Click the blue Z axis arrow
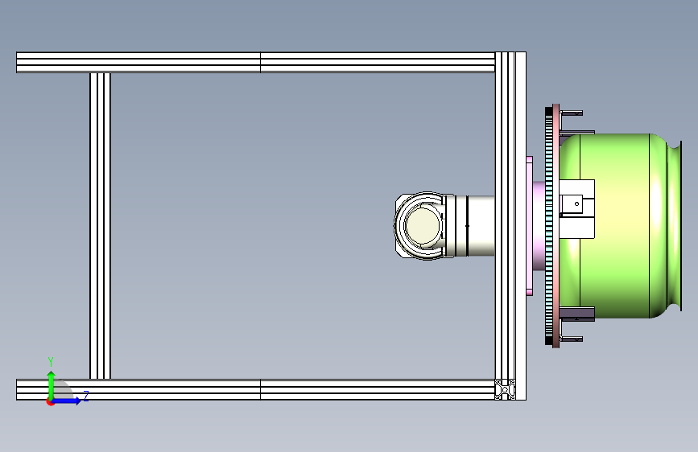pos(67,401)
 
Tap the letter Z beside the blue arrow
pos(86,396)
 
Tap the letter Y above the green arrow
pos(51,362)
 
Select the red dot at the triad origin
pos(50,402)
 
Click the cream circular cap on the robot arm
pos(422,226)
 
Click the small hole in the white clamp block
pos(577,203)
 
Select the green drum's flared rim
pos(675,226)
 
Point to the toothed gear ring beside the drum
pos(549,226)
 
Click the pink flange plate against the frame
pos(529,226)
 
